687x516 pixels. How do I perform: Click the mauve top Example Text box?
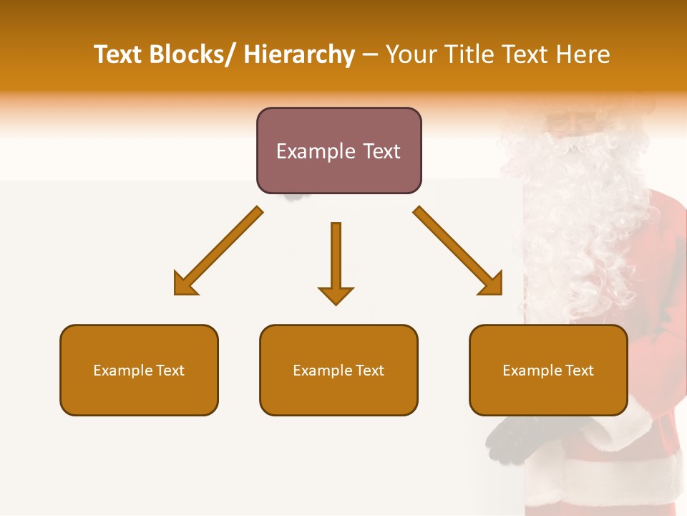(338, 150)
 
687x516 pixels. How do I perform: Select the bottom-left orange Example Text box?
(139, 370)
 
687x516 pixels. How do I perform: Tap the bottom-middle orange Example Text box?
(338, 370)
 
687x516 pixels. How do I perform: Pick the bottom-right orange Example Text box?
(548, 370)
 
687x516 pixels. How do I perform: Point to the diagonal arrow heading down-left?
(218, 251)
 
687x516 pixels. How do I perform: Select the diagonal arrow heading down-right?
(458, 251)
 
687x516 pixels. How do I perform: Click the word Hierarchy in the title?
(299, 55)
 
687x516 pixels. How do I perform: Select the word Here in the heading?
(585, 55)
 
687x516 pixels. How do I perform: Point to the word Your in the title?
(411, 55)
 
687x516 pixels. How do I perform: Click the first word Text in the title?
(119, 55)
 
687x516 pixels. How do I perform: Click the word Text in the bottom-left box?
(171, 371)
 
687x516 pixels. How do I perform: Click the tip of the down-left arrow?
(177, 292)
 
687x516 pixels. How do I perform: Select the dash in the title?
(370, 55)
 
